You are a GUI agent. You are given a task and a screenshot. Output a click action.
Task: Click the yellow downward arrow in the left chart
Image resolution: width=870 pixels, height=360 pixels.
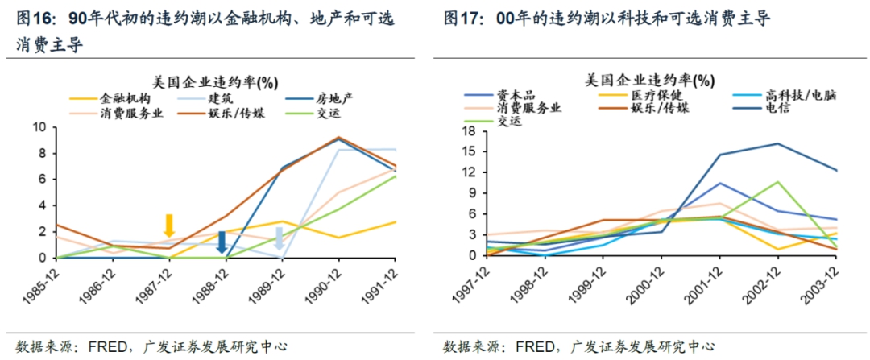point(169,226)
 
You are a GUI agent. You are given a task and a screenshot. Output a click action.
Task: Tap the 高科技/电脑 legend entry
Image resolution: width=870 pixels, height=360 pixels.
point(800,95)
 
